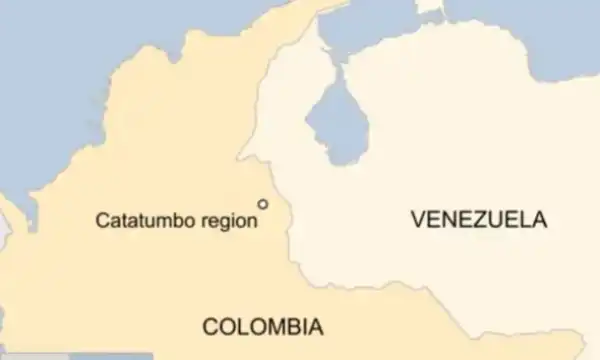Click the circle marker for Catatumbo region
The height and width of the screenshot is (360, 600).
pyautogui.click(x=263, y=204)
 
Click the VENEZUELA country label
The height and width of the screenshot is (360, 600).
pyautogui.click(x=479, y=220)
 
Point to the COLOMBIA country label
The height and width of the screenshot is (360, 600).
pyautogui.click(x=262, y=327)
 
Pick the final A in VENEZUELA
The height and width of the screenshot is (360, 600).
pyautogui.click(x=540, y=220)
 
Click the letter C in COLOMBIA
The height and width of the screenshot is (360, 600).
pyautogui.click(x=210, y=327)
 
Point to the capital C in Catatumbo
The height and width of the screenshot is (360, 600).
pyautogui.click(x=101, y=221)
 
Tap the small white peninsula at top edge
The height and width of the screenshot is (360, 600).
pyautogui.click(x=429, y=8)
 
